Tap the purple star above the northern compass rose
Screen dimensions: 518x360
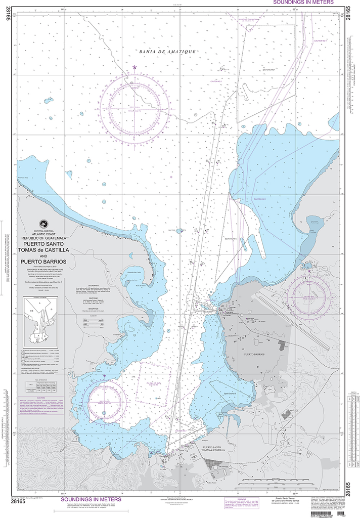coord(134,67)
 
